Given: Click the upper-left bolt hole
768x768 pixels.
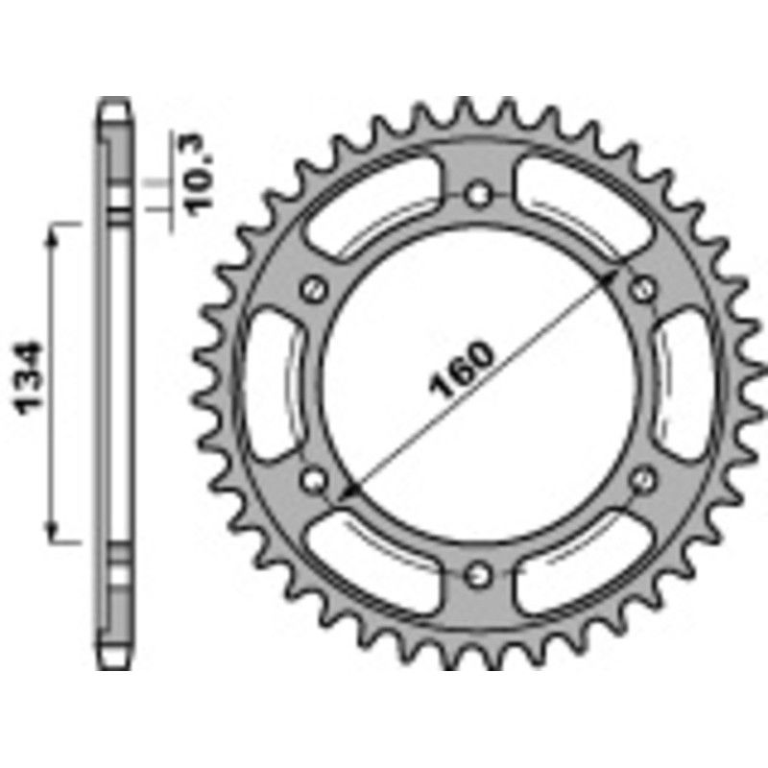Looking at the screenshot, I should (311, 287).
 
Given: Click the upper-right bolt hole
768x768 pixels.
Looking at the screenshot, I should (644, 287).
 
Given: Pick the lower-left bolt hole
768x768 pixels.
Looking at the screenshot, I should (311, 477).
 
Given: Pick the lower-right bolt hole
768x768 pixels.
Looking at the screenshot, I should (644, 477).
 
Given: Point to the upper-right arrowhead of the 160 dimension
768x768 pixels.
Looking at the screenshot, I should (612, 275).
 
